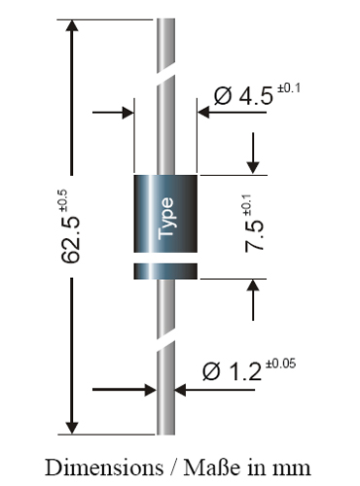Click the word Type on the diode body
tap(164, 219)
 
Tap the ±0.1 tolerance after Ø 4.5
tap(292, 88)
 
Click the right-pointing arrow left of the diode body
tap(124, 113)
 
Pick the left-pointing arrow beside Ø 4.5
tap(206, 113)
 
